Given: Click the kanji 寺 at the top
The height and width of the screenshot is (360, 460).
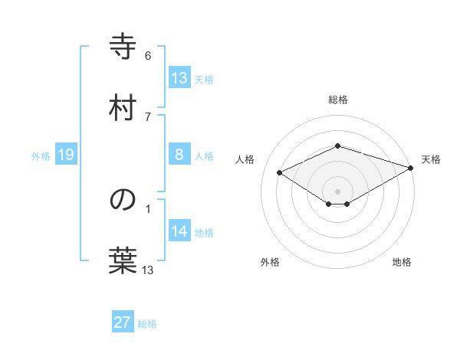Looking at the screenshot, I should click(123, 47).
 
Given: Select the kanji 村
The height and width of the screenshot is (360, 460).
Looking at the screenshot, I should click(123, 107).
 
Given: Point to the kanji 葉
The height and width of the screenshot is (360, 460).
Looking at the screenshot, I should click(123, 260).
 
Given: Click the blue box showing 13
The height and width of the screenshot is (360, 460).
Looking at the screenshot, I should click(179, 78).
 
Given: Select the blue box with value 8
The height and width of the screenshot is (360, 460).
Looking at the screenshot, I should click(179, 155).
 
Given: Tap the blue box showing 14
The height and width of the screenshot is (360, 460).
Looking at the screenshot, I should click(179, 231).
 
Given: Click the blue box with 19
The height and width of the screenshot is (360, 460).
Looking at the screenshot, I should click(66, 155).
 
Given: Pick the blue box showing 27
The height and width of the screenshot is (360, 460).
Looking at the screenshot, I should click(123, 322).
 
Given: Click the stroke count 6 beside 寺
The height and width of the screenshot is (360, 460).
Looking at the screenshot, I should click(148, 56).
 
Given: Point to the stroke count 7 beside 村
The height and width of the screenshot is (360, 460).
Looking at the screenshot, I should click(148, 116).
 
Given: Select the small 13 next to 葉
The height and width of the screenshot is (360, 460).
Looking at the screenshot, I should click(148, 270).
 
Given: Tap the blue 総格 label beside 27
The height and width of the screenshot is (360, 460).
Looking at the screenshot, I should click(147, 324).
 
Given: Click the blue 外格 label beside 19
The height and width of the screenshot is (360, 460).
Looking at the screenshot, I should click(41, 155).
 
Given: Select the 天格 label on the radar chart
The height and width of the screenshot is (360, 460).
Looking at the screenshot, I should click(431, 159).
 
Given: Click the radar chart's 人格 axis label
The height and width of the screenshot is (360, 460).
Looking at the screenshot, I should click(245, 159).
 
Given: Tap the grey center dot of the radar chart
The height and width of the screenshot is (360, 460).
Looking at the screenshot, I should click(337, 191).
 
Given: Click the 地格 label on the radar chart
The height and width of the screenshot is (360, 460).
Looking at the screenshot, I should click(402, 262).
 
